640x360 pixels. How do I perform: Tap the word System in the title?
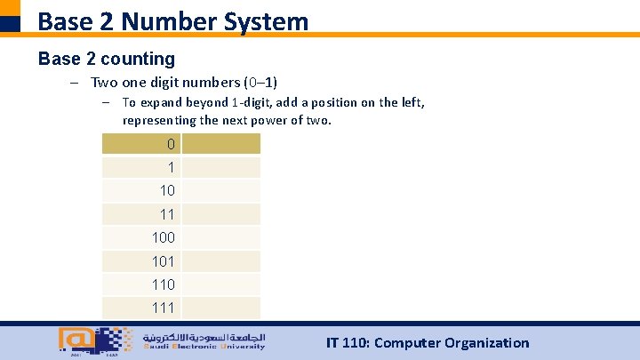269,20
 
